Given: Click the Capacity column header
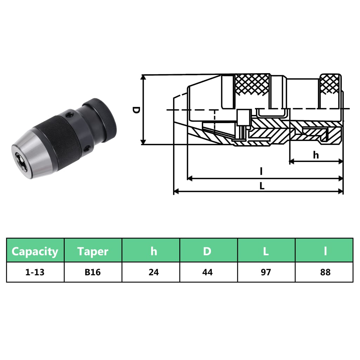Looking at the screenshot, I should tap(35, 251).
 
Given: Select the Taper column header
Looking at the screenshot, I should tap(93, 251).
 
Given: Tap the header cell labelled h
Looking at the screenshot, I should tap(154, 251).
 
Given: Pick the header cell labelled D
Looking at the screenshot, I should tap(207, 251).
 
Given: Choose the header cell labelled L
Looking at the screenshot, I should tap(266, 251).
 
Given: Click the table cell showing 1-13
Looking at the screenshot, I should tap(35, 272).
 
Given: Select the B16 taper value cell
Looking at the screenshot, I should tap(93, 272).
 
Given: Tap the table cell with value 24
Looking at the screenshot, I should tap(154, 272).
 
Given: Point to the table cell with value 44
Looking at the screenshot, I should tap(207, 272).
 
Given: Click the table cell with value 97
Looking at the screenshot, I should tap(266, 272).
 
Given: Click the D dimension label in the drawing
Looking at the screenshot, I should tap(136, 110).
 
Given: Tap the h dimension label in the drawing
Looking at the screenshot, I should tap(316, 155).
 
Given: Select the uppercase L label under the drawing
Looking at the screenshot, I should tap(262, 187).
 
